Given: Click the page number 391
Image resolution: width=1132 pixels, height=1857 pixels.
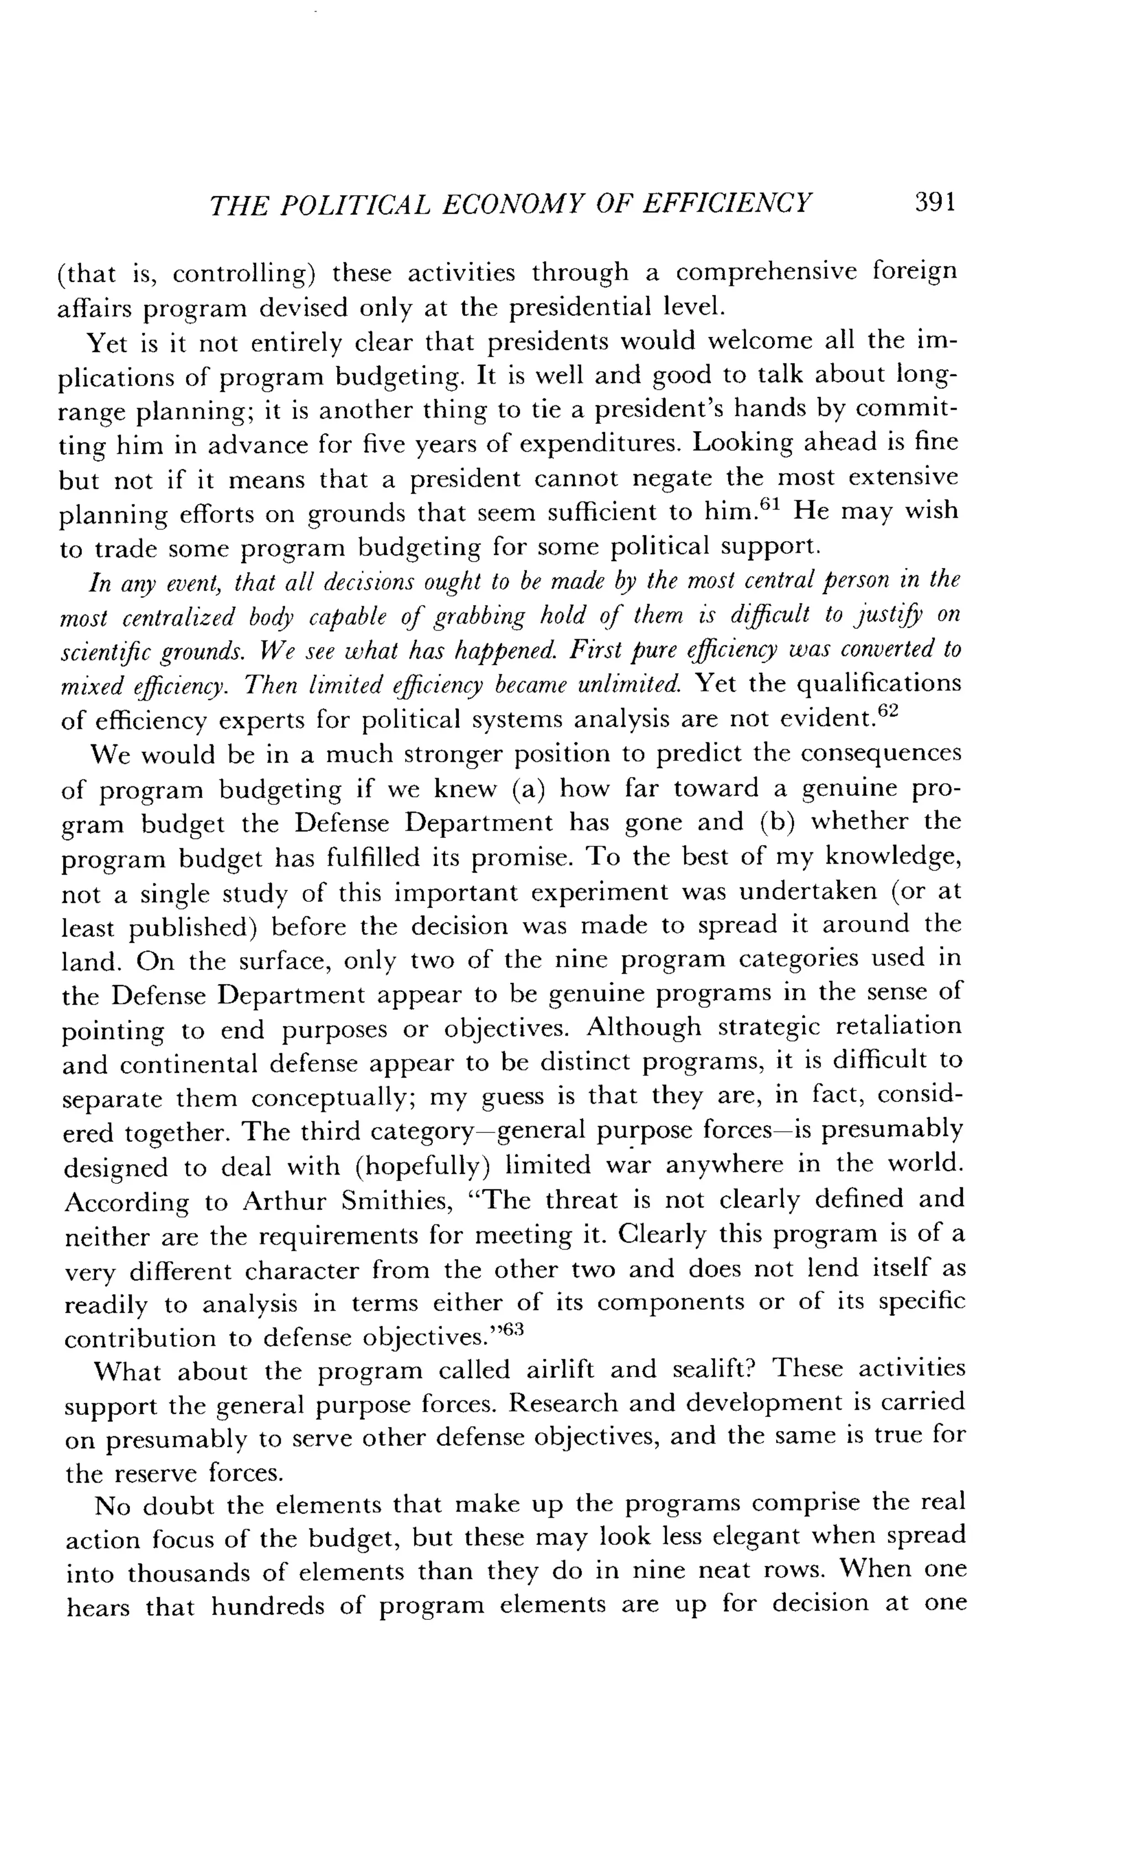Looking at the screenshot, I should tap(935, 203).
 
